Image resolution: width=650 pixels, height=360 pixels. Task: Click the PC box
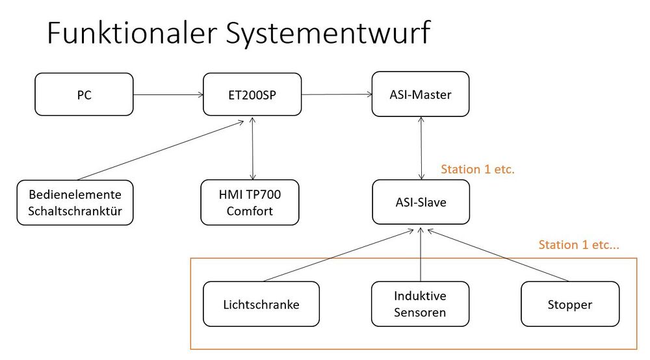click(x=84, y=95)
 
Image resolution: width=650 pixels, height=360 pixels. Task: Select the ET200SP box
click(x=252, y=95)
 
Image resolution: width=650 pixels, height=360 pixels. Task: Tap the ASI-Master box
click(x=421, y=94)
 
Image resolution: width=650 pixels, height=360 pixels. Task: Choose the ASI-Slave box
click(x=421, y=202)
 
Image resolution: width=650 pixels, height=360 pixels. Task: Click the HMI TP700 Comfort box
click(x=250, y=202)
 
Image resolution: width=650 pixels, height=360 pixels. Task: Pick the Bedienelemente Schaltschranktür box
click(x=75, y=202)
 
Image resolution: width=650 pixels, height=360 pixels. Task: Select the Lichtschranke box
click(x=261, y=303)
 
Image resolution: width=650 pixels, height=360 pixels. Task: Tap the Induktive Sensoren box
click(x=421, y=303)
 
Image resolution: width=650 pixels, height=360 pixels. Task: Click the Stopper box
click(x=569, y=303)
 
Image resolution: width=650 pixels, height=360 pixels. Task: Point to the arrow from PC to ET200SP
click(x=168, y=95)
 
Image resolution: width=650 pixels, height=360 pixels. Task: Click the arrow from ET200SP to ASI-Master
click(x=336, y=95)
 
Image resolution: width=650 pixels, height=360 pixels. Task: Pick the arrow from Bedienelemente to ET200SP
click(x=162, y=149)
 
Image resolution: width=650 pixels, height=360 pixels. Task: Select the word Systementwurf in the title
click(x=328, y=33)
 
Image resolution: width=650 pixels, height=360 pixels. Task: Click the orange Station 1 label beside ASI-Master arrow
click(x=478, y=170)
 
